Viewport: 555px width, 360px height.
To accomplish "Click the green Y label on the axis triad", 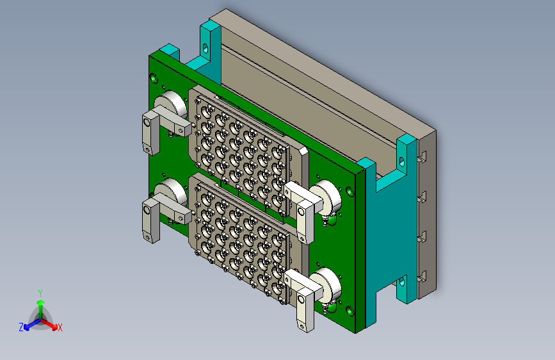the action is [40, 293].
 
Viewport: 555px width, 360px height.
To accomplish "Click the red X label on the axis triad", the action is [60, 328].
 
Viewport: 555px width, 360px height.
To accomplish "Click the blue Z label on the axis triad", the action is [21, 327].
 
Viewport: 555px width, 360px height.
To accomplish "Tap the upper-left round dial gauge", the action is [171, 104].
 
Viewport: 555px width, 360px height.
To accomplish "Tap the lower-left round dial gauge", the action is [171, 192].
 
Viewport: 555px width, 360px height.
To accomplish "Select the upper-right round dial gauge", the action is [326, 197].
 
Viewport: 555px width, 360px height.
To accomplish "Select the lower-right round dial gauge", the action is [326, 284].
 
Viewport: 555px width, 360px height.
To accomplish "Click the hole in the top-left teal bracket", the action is [205, 48].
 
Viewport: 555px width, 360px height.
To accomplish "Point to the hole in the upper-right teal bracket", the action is [402, 161].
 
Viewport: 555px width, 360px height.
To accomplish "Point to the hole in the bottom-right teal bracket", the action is [402, 282].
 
